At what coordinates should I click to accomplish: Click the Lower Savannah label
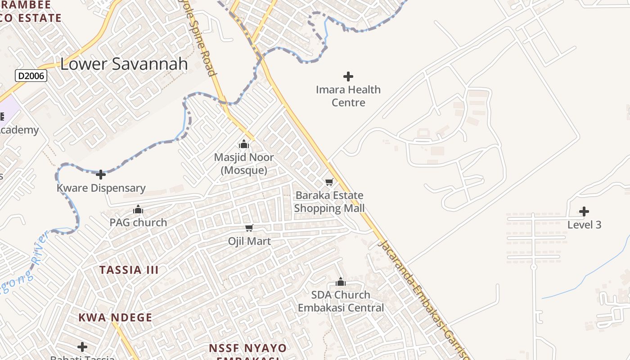point(124,64)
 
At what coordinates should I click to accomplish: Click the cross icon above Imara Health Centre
point(348,76)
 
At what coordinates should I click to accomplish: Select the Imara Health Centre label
point(348,96)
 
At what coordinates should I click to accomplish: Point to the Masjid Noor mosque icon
point(244,144)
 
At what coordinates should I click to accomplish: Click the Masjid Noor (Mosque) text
point(244,164)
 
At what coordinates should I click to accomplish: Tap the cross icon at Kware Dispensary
point(101,174)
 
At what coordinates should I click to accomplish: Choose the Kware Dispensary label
point(101,188)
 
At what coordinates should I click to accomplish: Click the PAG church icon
point(138,209)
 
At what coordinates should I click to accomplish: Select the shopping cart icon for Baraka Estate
point(329,182)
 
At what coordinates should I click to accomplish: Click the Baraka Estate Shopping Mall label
point(329,202)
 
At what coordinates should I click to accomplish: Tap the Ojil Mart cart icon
point(249,228)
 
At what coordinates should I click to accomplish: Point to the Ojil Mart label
point(249,241)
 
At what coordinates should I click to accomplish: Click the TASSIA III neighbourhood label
point(129,270)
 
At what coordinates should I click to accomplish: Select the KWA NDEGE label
point(115,317)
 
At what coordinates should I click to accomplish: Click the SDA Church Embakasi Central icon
point(341,282)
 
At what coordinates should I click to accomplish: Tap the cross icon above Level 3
point(584,211)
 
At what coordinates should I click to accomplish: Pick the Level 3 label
point(584,225)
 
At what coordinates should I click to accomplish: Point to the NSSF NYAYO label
point(247,348)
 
